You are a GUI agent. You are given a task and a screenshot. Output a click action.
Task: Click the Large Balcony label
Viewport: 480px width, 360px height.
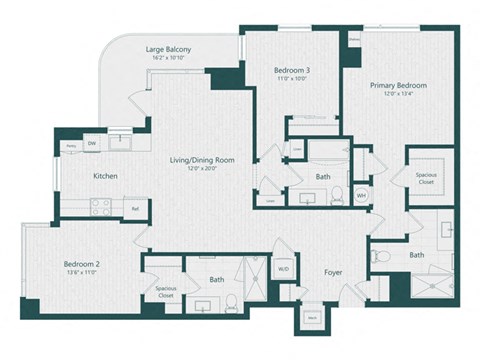(168, 49)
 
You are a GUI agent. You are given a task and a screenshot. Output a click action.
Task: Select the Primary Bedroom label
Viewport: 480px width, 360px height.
(398, 86)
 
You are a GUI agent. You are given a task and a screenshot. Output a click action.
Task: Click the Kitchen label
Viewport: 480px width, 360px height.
(107, 176)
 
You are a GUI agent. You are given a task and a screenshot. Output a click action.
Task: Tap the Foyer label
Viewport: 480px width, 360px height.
(333, 271)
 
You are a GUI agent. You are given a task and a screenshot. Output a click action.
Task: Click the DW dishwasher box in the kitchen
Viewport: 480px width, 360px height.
(91, 144)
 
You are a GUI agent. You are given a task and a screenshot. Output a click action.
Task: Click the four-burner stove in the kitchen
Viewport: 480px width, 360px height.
(101, 207)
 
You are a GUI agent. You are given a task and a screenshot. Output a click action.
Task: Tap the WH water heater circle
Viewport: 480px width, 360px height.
(362, 194)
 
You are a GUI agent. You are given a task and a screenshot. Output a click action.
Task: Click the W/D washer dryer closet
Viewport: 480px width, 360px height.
(284, 268)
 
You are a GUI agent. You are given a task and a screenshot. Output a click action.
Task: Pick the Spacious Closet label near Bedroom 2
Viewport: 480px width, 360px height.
(165, 293)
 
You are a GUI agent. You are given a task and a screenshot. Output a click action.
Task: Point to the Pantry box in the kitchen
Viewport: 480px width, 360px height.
(71, 145)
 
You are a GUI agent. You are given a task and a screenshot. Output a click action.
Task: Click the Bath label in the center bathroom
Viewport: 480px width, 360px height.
(323, 176)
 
